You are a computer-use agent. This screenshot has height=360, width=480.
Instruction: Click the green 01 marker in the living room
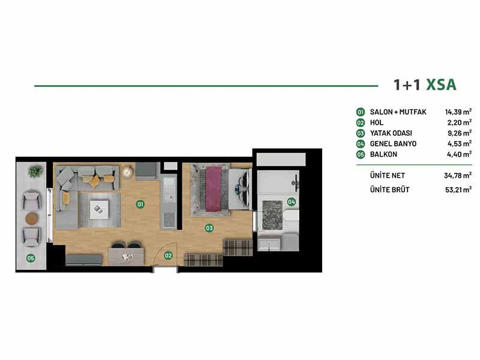pos(140,204)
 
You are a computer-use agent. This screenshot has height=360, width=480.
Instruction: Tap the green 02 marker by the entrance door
pos(169,256)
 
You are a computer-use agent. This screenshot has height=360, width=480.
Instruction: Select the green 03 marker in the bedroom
pos(209,228)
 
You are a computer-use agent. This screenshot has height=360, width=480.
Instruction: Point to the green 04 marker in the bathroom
pos(292,202)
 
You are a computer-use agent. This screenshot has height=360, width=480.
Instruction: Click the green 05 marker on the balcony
pos(31,258)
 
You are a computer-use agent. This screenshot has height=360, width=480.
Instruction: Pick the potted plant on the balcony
pos(35,172)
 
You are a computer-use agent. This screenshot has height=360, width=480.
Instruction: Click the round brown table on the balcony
pos(32,218)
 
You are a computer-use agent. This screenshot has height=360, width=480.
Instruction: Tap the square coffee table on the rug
pos(99,209)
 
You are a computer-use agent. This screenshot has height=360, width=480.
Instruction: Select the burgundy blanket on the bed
pos(214,189)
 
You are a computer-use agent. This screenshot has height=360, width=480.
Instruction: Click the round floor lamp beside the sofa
pos(127,172)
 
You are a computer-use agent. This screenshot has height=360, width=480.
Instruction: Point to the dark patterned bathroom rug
pos(272,215)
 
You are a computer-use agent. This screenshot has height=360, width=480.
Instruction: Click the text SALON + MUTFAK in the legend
pos(398,112)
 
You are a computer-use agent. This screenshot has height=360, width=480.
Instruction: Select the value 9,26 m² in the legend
pos(460,133)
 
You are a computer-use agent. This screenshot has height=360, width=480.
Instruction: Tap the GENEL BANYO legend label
pos(393,143)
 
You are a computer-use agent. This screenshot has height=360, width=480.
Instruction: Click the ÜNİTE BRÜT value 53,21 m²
pos(458,190)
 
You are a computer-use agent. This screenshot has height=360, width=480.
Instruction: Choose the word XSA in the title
pos(442,85)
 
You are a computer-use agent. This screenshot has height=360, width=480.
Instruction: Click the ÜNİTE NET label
pos(387,175)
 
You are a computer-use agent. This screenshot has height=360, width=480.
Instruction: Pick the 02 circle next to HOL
pos(361,123)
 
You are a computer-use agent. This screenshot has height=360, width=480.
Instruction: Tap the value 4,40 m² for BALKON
pos(459,154)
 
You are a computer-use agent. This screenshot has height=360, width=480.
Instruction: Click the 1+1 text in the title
pos(407,85)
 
